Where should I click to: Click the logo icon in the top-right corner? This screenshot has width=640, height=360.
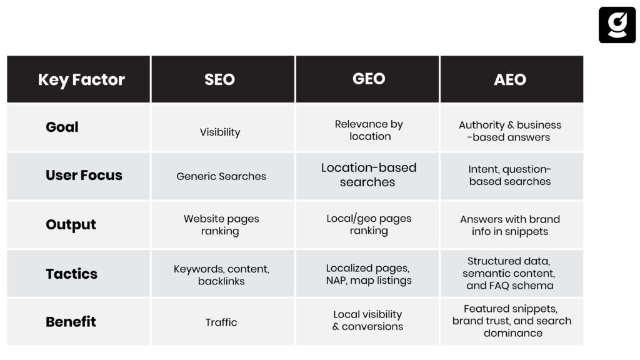tap(617, 24)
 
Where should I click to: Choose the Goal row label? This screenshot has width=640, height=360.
tap(62, 127)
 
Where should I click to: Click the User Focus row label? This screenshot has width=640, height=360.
tap(84, 175)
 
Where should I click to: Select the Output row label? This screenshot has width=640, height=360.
tap(71, 224)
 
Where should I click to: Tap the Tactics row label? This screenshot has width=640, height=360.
tap(71, 274)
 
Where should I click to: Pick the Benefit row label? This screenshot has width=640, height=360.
tap(71, 322)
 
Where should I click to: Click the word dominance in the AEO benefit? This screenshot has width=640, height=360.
tap(513, 333)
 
